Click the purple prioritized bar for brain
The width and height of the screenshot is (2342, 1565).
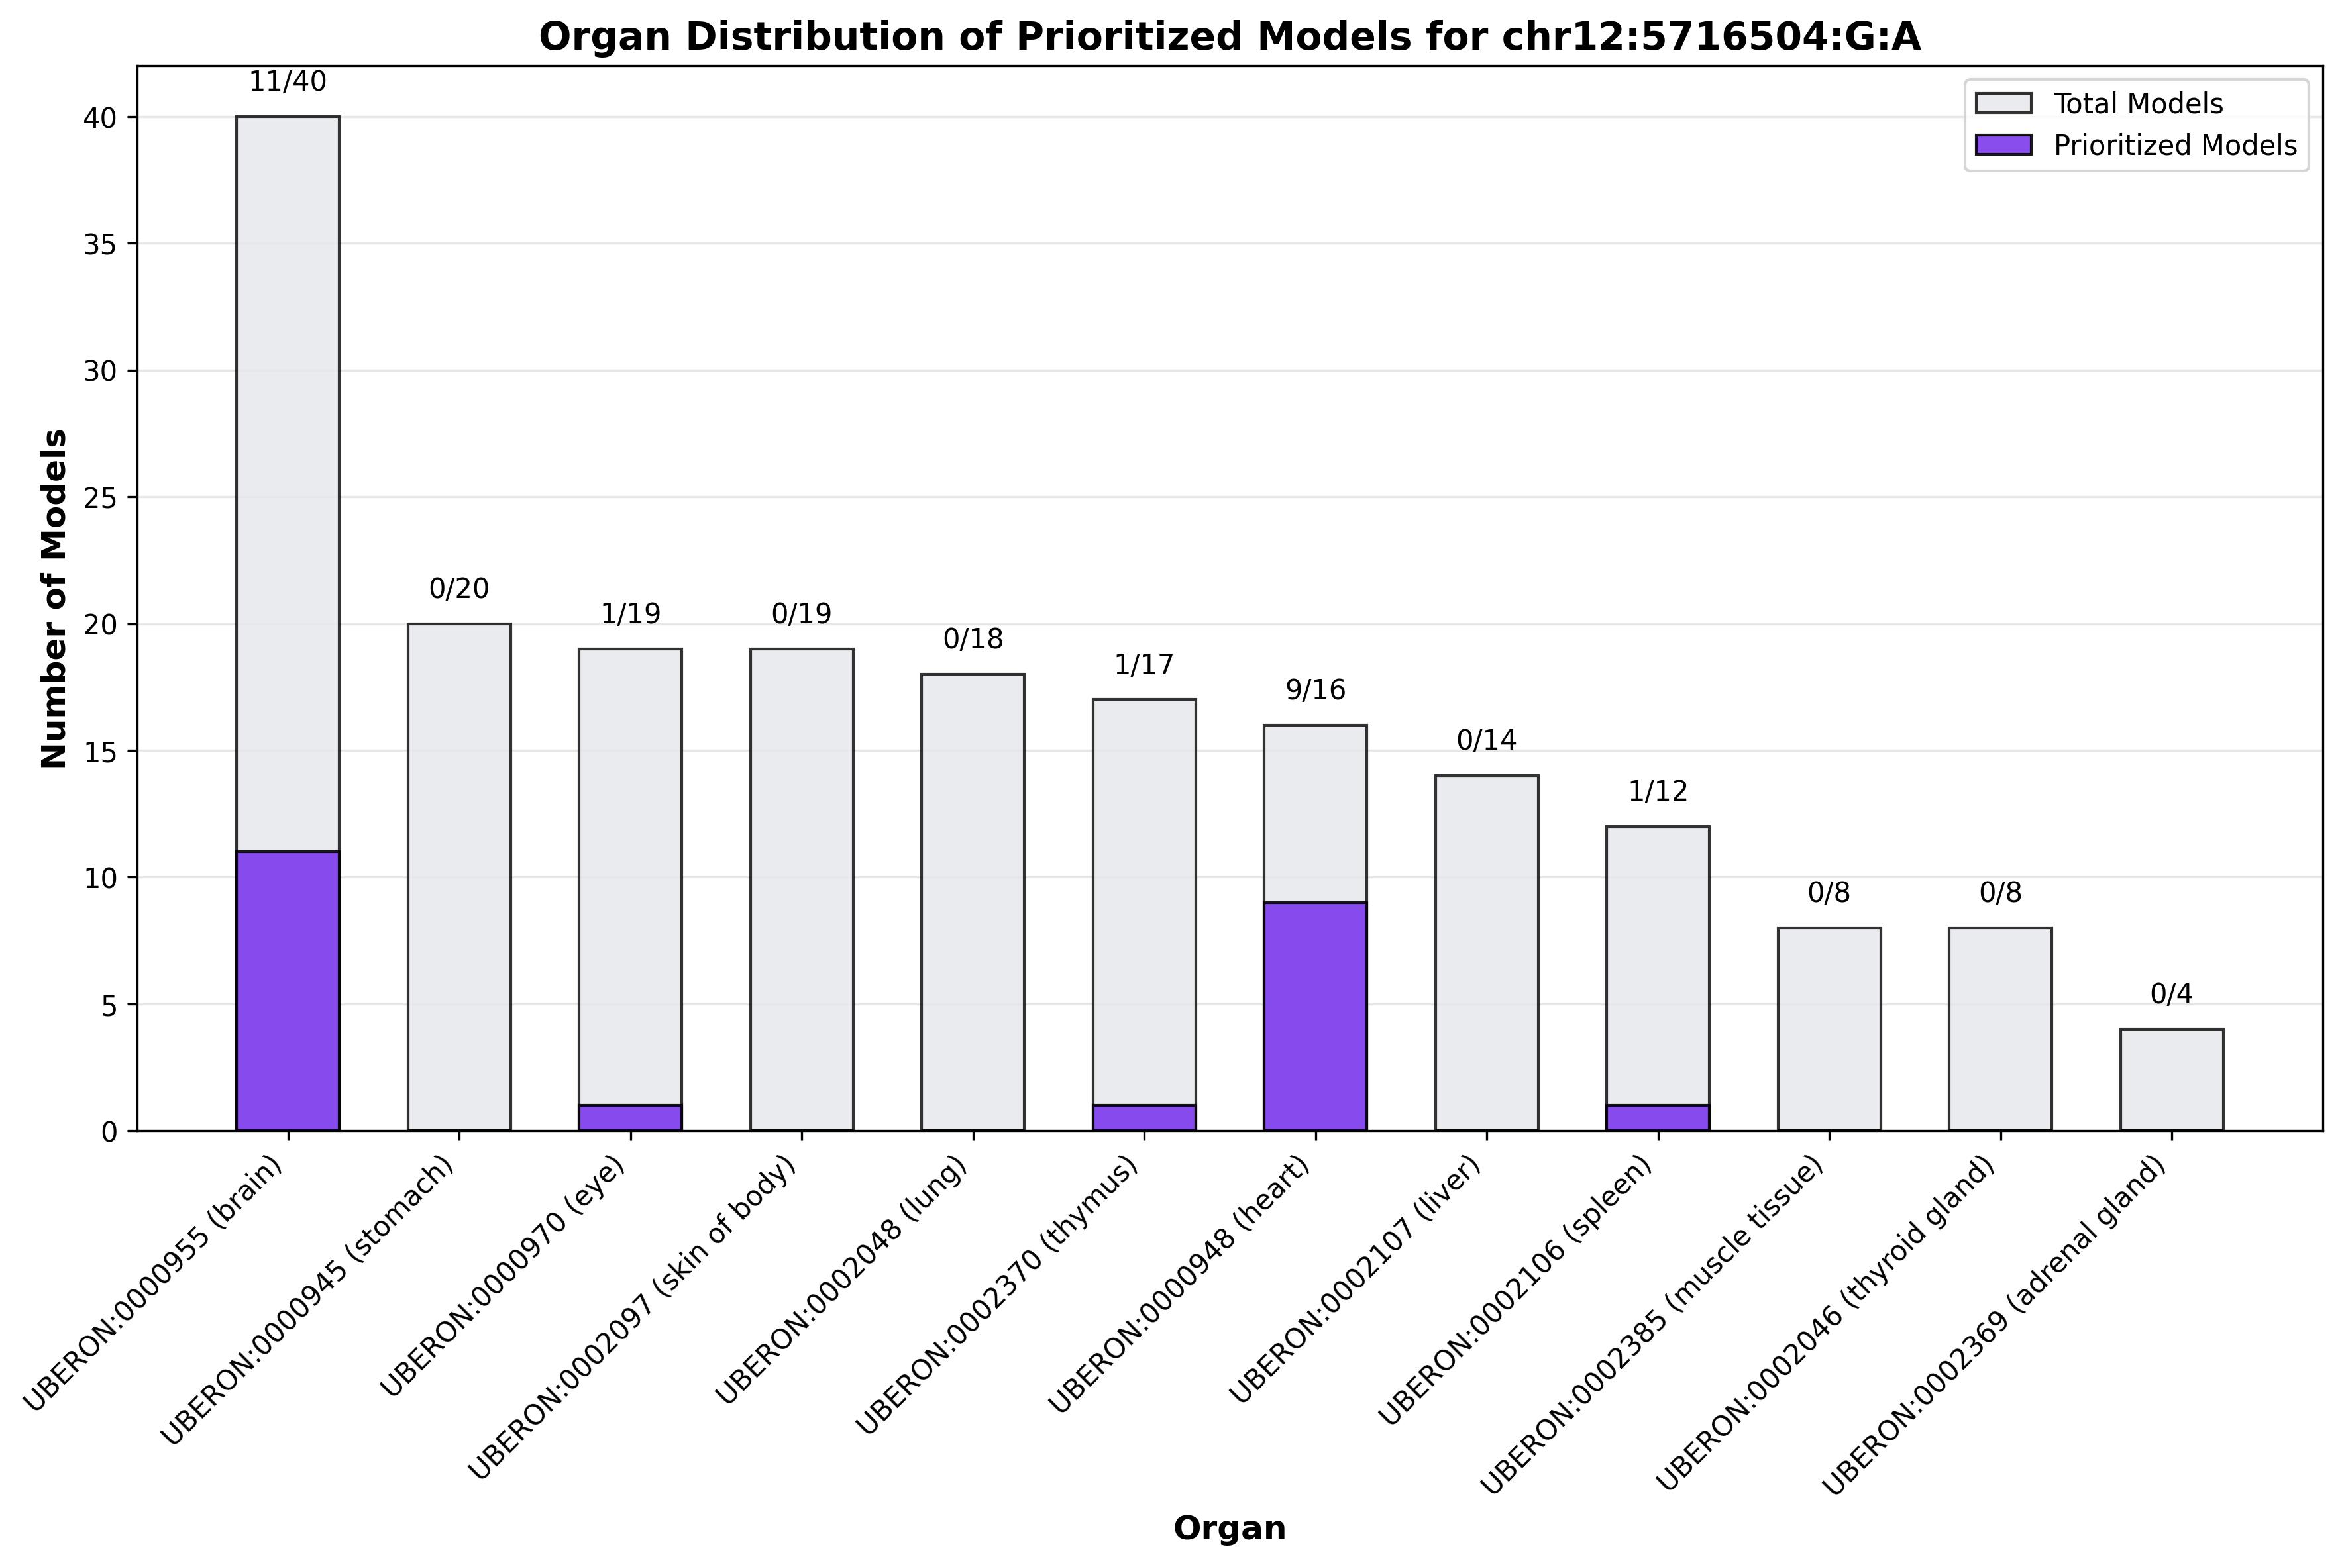point(288,990)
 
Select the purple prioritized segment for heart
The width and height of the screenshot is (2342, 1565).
point(1314,1016)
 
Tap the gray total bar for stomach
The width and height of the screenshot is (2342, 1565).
point(459,876)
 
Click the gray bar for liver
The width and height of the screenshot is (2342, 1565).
point(1487,952)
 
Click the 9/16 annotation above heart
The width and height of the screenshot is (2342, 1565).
point(1314,689)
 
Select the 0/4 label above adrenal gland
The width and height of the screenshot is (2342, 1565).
point(2171,994)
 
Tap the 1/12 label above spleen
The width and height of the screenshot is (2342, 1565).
point(1657,791)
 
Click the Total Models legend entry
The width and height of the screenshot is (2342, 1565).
point(2137,104)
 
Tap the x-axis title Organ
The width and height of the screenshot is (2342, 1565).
point(1229,1528)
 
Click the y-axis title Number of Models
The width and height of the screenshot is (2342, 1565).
point(55,599)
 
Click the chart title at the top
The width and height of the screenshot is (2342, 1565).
point(1229,37)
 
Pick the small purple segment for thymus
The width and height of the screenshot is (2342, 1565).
point(1144,1118)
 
